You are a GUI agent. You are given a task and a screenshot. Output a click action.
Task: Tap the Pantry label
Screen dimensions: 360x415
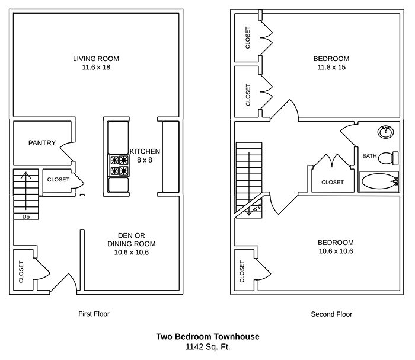coord(42,143)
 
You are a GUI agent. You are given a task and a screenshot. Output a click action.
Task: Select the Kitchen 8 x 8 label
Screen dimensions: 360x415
coord(145,155)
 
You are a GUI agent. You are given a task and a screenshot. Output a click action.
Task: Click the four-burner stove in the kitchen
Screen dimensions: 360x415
coord(117,165)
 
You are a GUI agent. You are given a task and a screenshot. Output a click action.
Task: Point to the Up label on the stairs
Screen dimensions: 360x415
coord(25,217)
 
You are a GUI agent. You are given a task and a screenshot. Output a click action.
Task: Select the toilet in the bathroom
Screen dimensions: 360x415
coord(388,158)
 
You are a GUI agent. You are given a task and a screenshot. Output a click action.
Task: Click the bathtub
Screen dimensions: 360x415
coord(379,181)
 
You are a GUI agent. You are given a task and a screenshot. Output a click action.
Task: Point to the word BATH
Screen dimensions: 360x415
coord(369,156)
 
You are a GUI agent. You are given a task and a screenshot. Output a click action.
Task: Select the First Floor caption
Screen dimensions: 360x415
coord(94,314)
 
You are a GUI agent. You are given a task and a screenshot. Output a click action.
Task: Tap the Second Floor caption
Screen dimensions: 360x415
coord(331,314)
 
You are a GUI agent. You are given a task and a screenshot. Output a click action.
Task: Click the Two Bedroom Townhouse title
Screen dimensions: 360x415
coord(207,337)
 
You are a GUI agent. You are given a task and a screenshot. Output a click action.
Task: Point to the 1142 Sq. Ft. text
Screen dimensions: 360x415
coord(207,346)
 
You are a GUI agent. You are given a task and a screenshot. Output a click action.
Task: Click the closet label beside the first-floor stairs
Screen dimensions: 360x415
coord(58,179)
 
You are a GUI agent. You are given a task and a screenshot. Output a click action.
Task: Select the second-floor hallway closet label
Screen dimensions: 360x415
coord(332,182)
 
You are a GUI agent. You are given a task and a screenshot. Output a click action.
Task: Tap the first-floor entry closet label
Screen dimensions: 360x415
coord(21,272)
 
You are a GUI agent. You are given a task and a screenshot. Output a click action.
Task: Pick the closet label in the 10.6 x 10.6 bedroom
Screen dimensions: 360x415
coord(242,272)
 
